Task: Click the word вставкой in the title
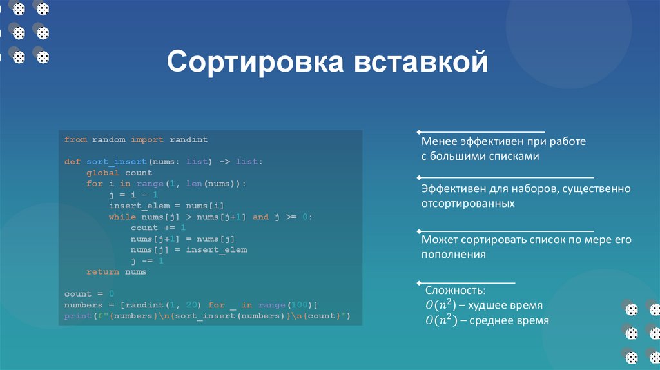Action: click(x=420, y=63)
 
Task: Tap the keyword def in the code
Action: click(x=72, y=161)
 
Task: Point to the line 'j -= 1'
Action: click(x=147, y=261)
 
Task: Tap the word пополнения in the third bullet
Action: click(x=454, y=255)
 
